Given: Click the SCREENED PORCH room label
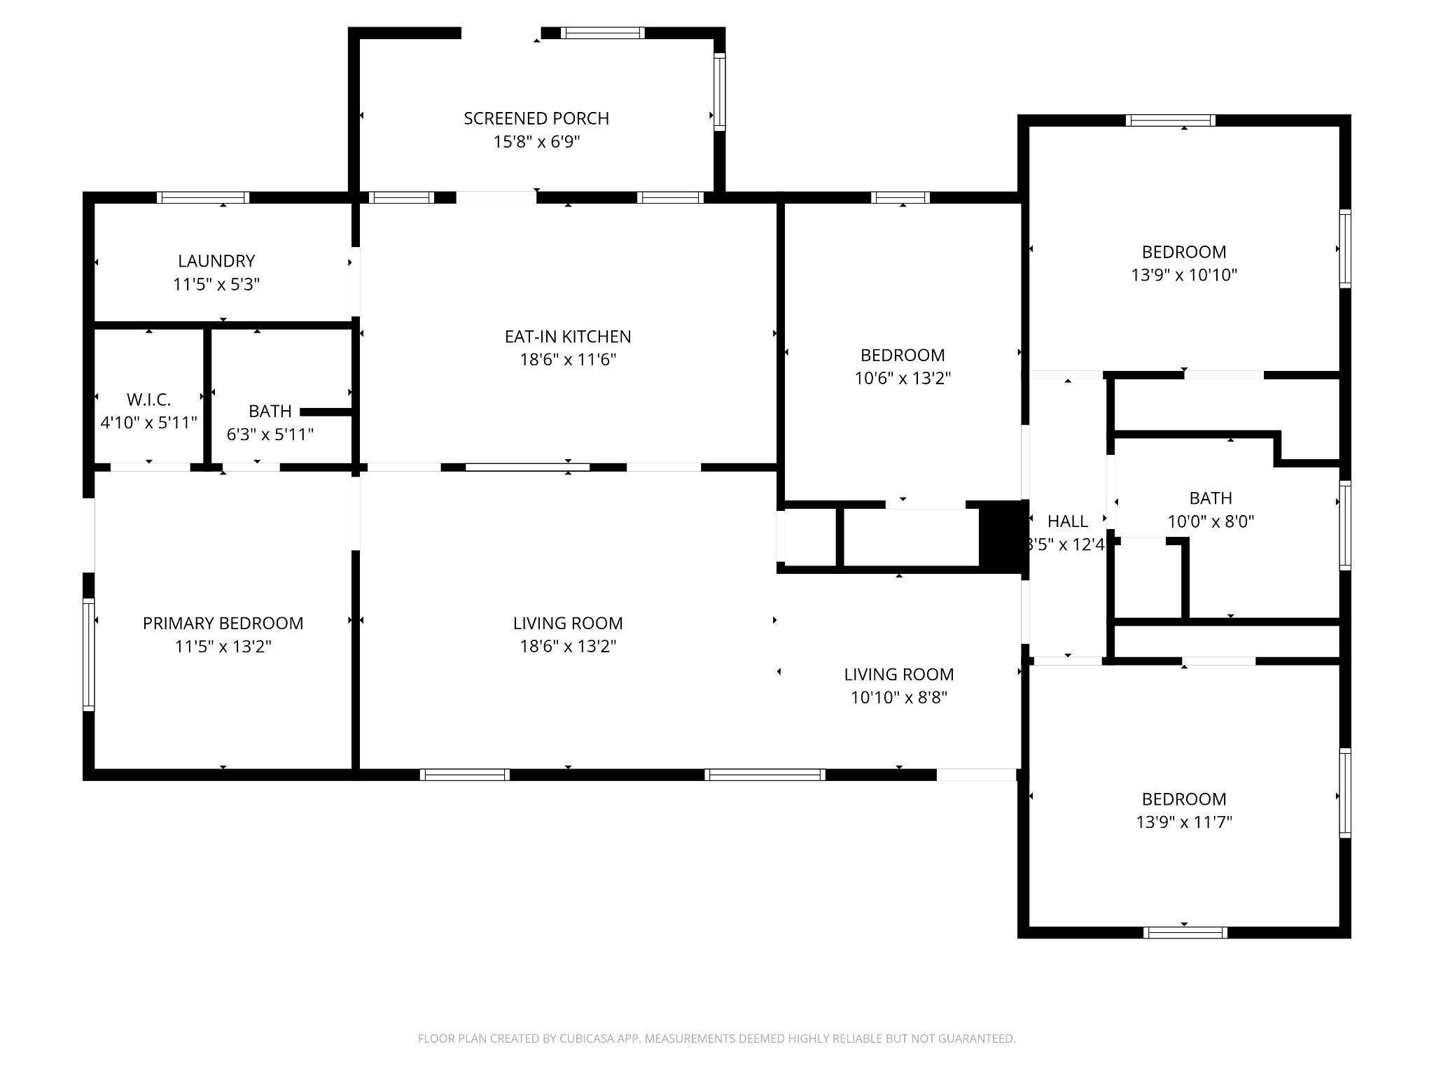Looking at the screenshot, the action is point(536,118).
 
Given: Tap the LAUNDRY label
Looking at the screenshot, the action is point(216,261).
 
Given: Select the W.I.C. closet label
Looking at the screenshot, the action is point(148,400).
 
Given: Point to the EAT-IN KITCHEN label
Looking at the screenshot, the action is point(568,337).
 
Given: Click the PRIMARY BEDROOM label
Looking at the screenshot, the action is point(223,623).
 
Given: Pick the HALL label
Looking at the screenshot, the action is point(1068,521).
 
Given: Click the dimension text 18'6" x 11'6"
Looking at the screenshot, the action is point(568,360).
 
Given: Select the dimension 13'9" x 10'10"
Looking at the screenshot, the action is point(1184,275).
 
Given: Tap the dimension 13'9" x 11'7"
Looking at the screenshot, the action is point(1184,822).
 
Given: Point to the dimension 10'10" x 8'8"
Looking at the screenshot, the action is point(899,697).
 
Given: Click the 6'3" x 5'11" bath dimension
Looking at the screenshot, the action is point(270,435).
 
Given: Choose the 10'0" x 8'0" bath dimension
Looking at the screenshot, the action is point(1211,521).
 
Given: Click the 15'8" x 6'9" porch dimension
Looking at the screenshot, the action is point(536,142).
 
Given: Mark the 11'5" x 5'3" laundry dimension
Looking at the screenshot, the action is point(216,285).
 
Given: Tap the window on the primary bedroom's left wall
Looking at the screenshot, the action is point(89,654).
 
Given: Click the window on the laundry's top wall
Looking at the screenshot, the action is point(203,197).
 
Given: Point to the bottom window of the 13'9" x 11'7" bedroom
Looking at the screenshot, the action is point(1185,932).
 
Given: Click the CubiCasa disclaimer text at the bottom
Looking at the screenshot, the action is point(716,1039).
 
